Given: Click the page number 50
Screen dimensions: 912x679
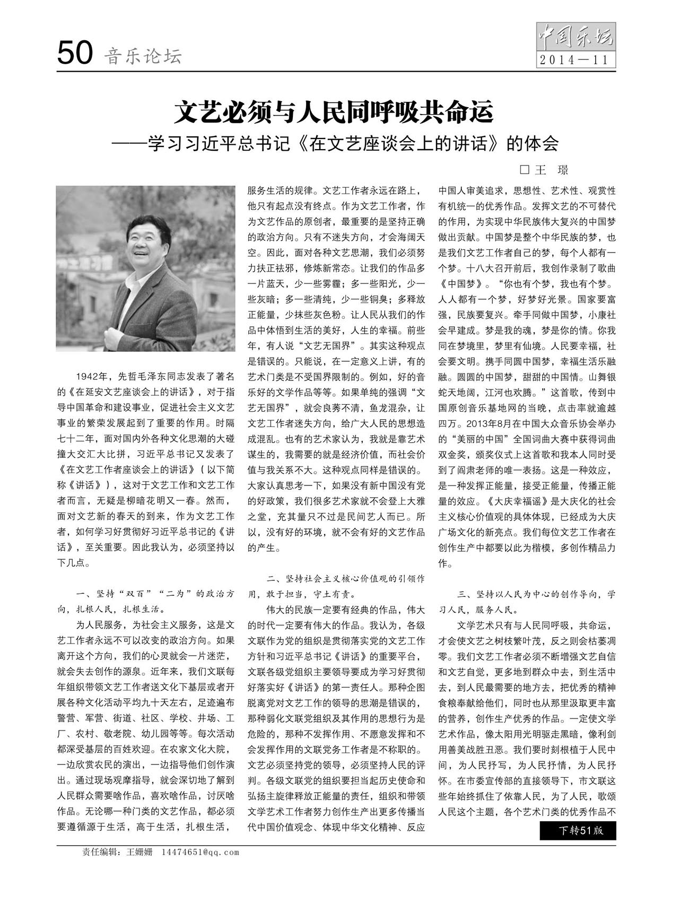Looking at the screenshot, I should click(75, 54).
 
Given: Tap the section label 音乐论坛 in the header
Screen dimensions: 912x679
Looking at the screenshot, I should click(143, 56).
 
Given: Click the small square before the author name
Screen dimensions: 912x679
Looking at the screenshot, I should click(525, 170).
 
